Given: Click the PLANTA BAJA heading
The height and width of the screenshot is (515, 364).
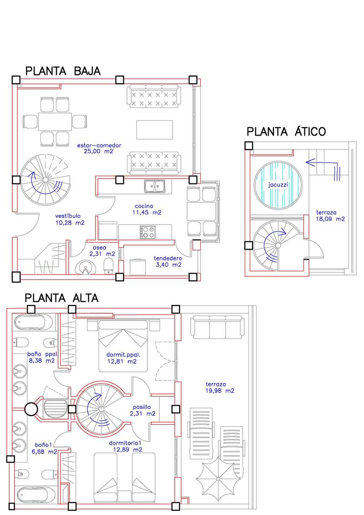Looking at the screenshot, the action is (63, 71).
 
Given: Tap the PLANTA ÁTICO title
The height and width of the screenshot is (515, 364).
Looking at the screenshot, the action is (286, 132).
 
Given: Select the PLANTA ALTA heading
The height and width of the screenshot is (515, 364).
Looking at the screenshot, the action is (62, 298).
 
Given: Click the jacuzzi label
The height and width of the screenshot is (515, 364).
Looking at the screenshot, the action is (278, 184).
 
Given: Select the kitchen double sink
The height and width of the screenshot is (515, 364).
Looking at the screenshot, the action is (155, 186).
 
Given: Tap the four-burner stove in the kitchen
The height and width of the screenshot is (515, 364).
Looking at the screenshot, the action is (147, 232).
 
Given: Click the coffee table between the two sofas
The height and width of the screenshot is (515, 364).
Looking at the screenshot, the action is (155, 129).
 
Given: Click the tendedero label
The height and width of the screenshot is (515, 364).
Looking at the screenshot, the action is (168, 259).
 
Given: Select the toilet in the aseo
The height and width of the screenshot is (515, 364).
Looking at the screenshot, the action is (108, 265).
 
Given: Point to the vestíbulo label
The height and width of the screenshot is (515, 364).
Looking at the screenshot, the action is (68, 216).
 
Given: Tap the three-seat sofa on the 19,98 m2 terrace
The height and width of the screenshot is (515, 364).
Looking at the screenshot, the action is (218, 327).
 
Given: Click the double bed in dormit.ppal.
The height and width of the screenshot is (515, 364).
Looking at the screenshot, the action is (123, 346).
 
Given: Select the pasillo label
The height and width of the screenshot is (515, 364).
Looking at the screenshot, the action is (142, 407).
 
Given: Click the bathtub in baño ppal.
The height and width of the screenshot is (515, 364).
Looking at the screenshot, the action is (33, 321).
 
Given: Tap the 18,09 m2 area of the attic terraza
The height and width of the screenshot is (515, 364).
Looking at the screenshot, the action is (330, 219).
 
